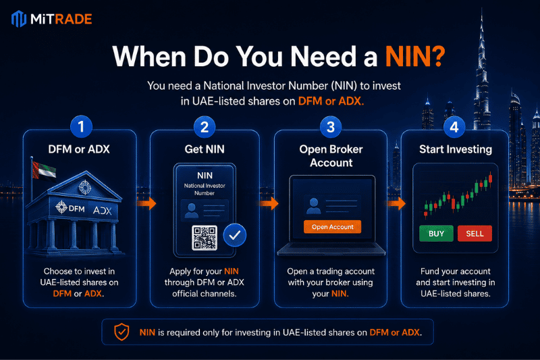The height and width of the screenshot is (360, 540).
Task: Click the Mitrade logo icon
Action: pyautogui.click(x=19, y=19)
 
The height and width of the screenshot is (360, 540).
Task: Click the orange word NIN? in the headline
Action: pyautogui.click(x=415, y=56)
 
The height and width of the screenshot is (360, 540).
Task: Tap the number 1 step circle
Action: pyautogui.click(x=81, y=126)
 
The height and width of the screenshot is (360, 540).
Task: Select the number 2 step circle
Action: pyautogui.click(x=205, y=127)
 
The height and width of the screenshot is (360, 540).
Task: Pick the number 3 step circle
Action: pyautogui.click(x=331, y=127)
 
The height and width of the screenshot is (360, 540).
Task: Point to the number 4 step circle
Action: pyautogui.click(x=454, y=127)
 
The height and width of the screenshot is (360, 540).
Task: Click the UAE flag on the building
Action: pyautogui.click(x=44, y=170)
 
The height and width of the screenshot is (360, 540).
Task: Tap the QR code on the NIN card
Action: pyautogui.click(x=205, y=238)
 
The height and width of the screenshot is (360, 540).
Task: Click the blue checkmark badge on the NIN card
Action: pyautogui.click(x=234, y=235)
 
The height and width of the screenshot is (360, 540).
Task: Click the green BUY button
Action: pyautogui.click(x=436, y=234)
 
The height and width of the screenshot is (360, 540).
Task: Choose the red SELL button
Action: pyautogui.click(x=475, y=234)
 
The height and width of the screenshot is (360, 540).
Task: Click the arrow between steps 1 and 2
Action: pyautogui.click(x=146, y=203)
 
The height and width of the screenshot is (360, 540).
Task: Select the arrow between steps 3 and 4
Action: pyautogui.click(x=397, y=203)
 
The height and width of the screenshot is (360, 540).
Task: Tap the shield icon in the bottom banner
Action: pyautogui.click(x=122, y=332)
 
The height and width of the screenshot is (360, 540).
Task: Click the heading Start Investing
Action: pyautogui.click(x=456, y=149)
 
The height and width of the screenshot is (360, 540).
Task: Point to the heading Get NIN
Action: pyautogui.click(x=205, y=149)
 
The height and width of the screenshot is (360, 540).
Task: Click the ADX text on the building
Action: pyautogui.click(x=103, y=210)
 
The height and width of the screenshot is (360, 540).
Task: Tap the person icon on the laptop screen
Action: pyautogui.click(x=313, y=206)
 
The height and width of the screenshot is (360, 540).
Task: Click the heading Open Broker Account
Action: pyautogui.click(x=331, y=156)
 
